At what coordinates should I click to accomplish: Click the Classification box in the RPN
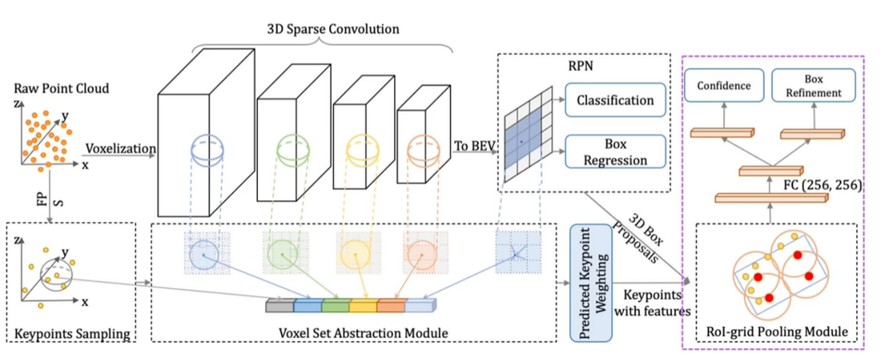[615, 100]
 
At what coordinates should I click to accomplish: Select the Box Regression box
[615, 152]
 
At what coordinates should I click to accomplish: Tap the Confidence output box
[724, 85]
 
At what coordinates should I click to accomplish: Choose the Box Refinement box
[814, 85]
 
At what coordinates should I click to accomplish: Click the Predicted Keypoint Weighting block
[591, 283]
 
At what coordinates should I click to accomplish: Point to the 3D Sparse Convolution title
[333, 29]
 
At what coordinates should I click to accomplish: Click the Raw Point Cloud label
[61, 88]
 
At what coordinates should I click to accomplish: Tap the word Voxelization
[120, 149]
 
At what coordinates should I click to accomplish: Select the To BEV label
[474, 146]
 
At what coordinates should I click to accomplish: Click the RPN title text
[581, 66]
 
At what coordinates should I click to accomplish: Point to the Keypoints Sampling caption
[72, 334]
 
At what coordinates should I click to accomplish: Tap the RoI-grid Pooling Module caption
[777, 332]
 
